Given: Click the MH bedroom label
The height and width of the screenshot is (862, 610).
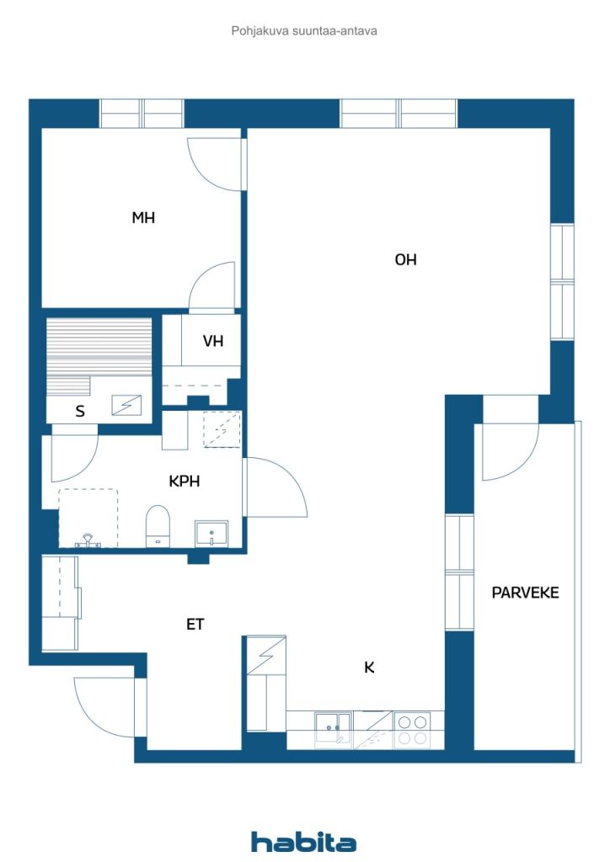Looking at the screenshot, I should [x=143, y=218].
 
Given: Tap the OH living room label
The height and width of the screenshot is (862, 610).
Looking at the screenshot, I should [x=406, y=260].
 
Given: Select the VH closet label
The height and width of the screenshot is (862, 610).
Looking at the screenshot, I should [x=213, y=341].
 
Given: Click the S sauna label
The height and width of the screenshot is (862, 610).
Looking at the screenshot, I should [x=80, y=412].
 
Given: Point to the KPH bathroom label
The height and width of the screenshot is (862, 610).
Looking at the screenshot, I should [x=184, y=482].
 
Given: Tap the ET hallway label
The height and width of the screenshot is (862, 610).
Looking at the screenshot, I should [x=195, y=625].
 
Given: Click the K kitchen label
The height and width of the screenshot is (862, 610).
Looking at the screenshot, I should [x=369, y=668].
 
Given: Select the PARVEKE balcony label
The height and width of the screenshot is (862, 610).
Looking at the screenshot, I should [x=525, y=593].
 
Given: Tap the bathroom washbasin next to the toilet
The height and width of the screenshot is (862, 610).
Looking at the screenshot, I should [x=211, y=534].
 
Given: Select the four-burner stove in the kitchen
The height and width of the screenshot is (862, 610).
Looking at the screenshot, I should [x=412, y=729].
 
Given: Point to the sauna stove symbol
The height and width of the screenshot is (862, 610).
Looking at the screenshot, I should [x=127, y=406].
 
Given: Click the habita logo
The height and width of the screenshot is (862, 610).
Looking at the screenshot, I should [x=303, y=842].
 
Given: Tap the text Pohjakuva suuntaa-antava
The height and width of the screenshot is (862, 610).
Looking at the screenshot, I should [x=303, y=30].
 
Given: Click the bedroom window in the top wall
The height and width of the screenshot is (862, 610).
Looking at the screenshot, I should [x=142, y=113].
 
